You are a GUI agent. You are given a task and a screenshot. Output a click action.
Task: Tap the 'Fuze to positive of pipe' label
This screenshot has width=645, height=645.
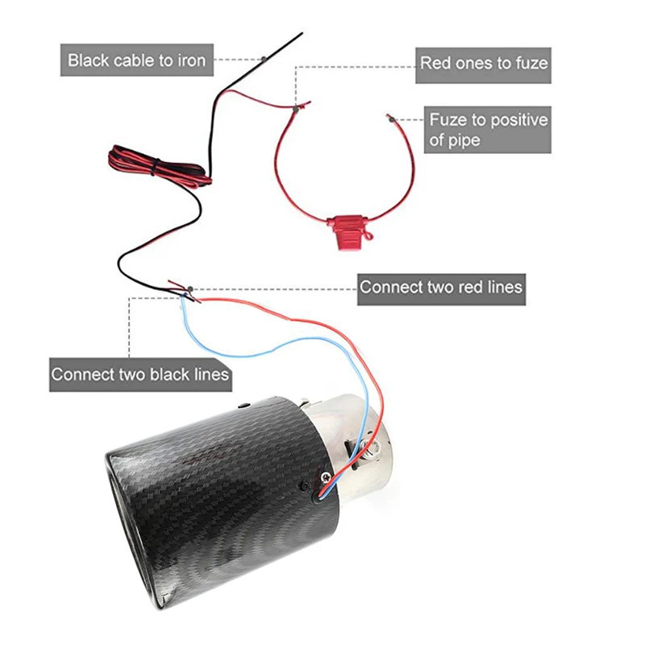[488, 130]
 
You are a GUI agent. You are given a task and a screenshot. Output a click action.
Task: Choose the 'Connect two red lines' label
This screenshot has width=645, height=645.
[441, 286]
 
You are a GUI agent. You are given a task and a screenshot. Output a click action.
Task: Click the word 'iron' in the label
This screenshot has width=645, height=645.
[190, 60]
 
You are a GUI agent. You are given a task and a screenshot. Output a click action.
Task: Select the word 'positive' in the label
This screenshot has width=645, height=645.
[518, 120]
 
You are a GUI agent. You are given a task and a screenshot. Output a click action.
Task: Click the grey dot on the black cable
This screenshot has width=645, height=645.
[265, 60]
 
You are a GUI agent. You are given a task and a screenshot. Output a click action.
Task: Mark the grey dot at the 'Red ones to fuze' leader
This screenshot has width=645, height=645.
[297, 106]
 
